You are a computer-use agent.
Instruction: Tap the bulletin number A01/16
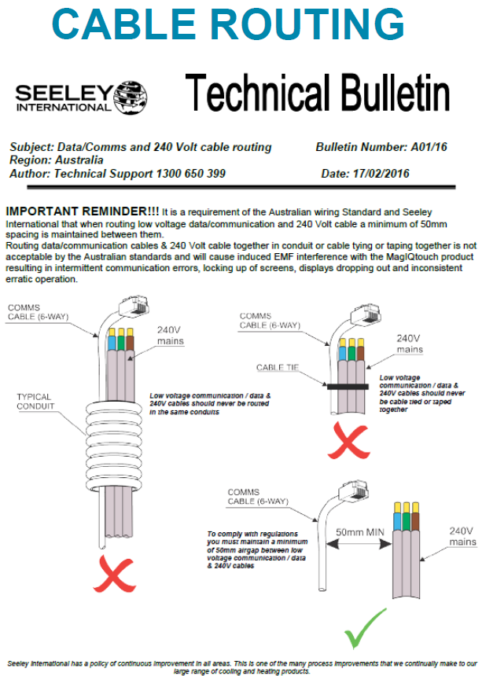tap(429, 147)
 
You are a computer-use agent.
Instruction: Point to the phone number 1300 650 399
tap(189, 173)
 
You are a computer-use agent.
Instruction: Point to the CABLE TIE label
tap(278, 367)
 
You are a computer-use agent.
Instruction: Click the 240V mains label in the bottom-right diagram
tap(462, 535)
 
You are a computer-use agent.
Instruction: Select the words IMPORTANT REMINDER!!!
tap(81, 212)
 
